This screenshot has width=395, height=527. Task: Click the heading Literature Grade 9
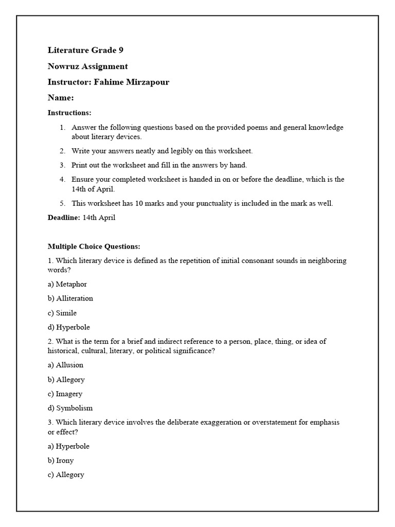tap(85, 50)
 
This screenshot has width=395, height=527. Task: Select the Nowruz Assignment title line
tap(87, 66)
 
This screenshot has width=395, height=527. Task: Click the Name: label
tap(61, 97)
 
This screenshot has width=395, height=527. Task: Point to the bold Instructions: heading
tap(69, 112)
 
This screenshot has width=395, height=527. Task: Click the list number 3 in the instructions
tap(62, 165)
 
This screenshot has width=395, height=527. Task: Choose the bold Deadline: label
tap(64, 218)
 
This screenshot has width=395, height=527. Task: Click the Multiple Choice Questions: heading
tap(94, 247)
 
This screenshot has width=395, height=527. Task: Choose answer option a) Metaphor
tap(67, 284)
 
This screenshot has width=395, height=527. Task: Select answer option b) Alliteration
tap(70, 298)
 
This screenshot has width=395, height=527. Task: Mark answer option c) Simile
tap(62, 313)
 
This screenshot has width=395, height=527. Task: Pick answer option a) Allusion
tap(65, 365)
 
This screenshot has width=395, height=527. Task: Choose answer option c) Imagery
tap(65, 394)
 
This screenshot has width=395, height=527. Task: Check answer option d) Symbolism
tap(70, 408)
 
